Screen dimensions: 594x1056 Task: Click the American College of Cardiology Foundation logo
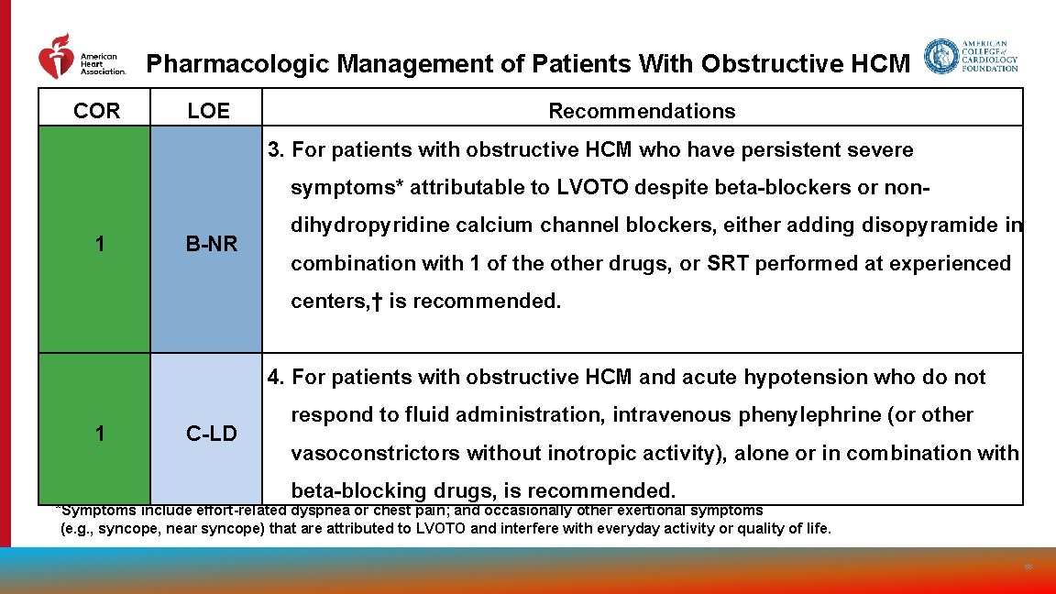(x=971, y=56)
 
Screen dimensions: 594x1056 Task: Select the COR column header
(x=96, y=111)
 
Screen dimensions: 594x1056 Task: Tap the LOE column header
(x=208, y=111)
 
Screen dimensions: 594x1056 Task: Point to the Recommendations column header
(x=642, y=111)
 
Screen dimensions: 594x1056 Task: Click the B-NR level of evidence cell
(x=211, y=244)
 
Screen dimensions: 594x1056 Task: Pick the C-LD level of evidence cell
(x=211, y=434)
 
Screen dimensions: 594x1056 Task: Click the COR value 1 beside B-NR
(x=99, y=244)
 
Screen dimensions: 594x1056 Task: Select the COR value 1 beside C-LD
(x=99, y=434)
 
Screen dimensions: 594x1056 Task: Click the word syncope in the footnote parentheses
(x=114, y=529)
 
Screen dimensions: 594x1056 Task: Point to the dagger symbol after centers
(x=376, y=302)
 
